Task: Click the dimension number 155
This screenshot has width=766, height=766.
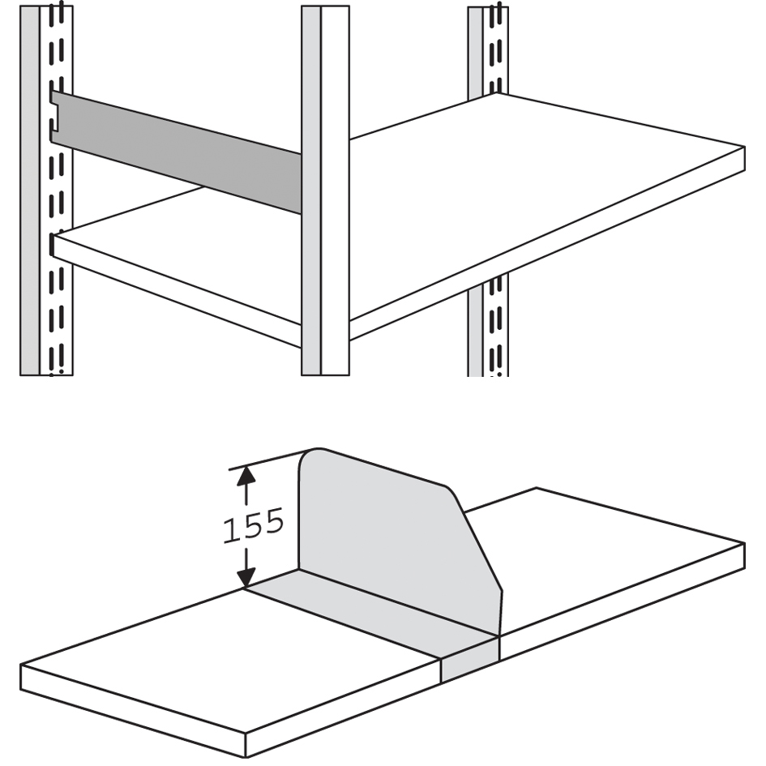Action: coord(253,525)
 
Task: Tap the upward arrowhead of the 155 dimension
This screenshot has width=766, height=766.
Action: coord(246,474)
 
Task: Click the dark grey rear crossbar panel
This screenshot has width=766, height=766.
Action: coord(176,152)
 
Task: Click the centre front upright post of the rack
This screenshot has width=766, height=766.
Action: coord(325,190)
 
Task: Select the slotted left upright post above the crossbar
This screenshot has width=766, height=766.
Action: coord(46,49)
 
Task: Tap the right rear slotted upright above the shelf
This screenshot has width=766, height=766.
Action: coord(487,51)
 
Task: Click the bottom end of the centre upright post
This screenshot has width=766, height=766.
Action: coord(325,374)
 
